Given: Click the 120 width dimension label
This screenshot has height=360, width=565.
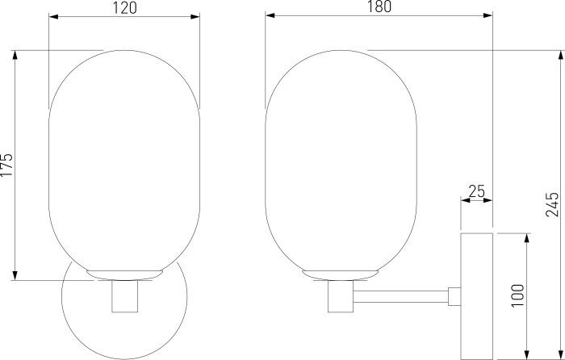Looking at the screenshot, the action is (x=125, y=8).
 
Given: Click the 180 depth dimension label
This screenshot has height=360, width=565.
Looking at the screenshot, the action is (x=379, y=6).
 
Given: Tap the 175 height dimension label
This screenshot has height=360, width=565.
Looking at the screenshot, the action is (x=6, y=165).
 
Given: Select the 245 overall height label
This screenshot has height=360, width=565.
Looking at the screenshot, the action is (x=551, y=204).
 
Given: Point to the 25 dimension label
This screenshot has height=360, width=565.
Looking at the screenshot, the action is (x=477, y=191).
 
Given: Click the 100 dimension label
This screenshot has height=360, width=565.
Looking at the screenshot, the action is (x=518, y=295).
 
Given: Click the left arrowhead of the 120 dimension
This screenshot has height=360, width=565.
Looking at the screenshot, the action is (x=53, y=17).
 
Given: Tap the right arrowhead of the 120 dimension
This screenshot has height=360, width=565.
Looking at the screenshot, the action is (x=195, y=17).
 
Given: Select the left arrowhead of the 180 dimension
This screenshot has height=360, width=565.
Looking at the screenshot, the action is (x=270, y=15).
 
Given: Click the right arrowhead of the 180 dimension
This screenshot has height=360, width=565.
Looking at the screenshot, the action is (x=488, y=15).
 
